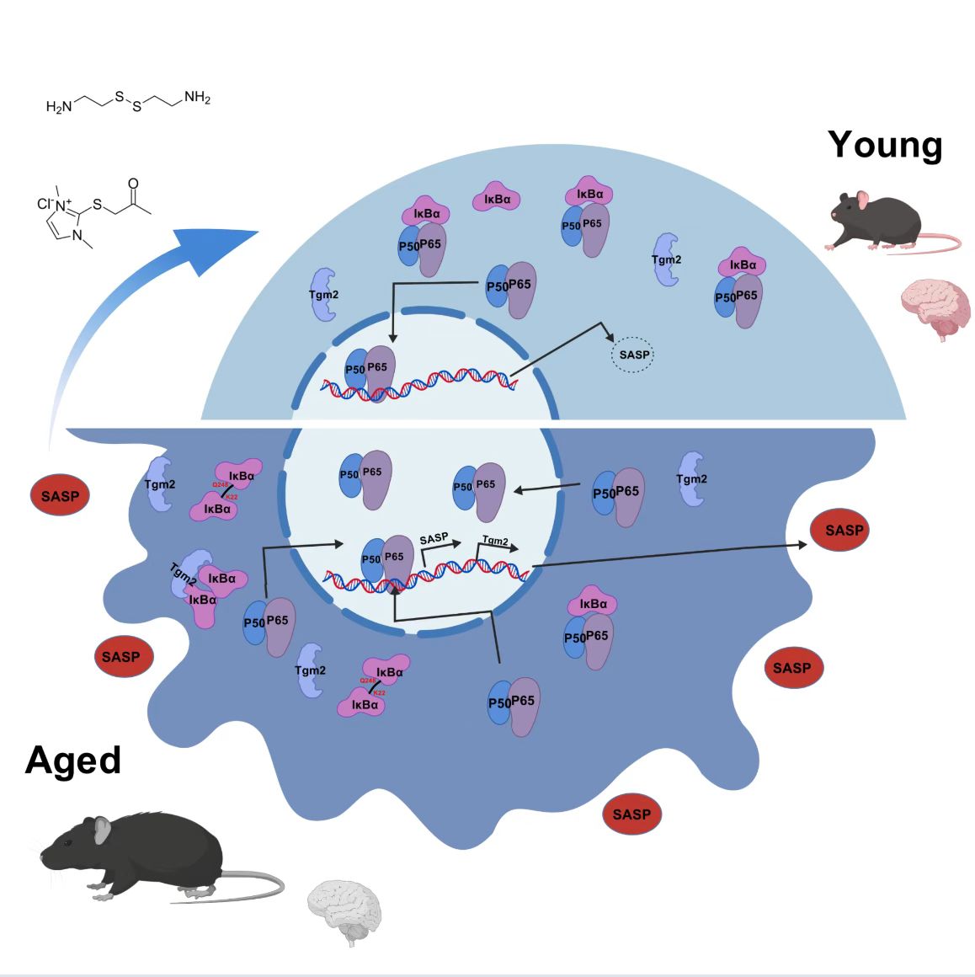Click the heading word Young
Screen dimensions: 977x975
884,145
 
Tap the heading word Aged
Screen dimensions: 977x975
73,761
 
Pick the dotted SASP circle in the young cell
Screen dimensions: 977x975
633,355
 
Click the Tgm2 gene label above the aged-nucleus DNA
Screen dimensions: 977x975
495,541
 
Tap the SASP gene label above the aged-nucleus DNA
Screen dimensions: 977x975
434,537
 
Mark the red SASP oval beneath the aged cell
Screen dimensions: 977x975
631,814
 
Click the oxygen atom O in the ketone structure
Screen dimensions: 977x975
133,183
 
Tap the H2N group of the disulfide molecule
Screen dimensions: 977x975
58,107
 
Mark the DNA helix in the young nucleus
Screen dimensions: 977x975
421,383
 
